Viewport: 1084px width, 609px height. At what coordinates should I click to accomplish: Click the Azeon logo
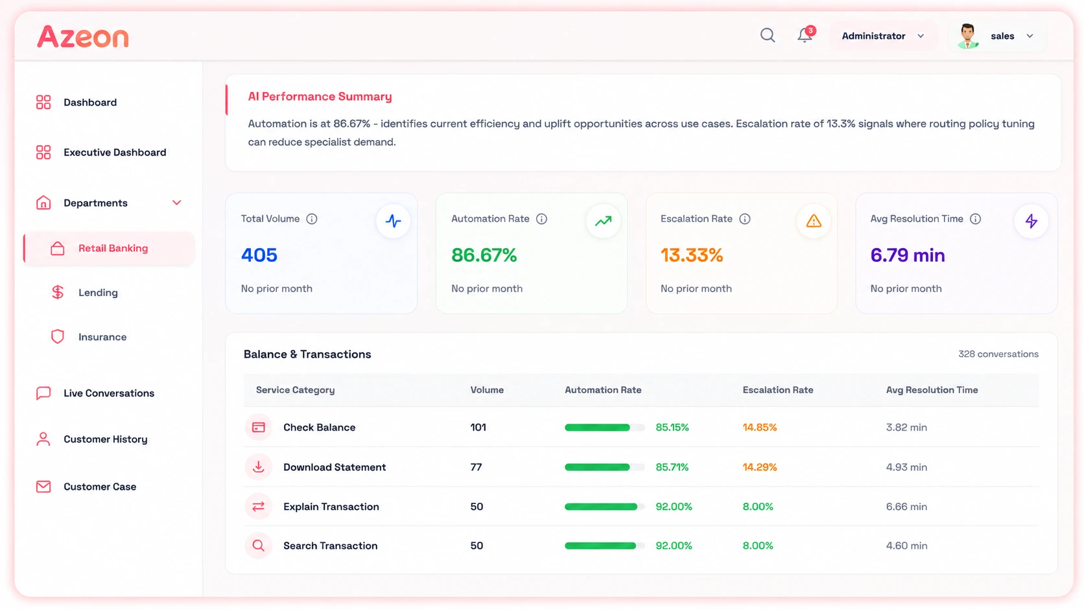[83, 37]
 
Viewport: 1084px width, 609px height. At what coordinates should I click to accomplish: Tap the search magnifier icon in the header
[768, 36]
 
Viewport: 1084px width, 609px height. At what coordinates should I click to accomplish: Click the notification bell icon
[805, 36]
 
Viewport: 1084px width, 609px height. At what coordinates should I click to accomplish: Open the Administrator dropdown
[882, 36]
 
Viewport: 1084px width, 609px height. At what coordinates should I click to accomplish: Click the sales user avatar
[967, 36]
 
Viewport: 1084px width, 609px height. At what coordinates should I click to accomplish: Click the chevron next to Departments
[176, 203]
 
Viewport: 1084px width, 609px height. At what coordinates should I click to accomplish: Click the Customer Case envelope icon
[43, 487]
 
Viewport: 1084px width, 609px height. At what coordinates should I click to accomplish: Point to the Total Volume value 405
[259, 255]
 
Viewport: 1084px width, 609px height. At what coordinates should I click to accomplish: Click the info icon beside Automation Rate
[541, 219]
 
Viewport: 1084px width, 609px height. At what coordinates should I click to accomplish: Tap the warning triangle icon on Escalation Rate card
[814, 221]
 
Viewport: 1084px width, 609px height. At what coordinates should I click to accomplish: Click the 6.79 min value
[908, 255]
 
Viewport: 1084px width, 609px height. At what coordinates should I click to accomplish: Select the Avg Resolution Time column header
[932, 390]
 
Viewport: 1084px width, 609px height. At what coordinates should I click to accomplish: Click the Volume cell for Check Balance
[478, 427]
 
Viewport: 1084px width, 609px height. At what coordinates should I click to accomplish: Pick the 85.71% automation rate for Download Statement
[672, 467]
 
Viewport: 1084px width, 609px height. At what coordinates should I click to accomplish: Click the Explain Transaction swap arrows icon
[259, 507]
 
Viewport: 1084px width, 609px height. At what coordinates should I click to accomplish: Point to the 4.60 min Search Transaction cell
[906, 546]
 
